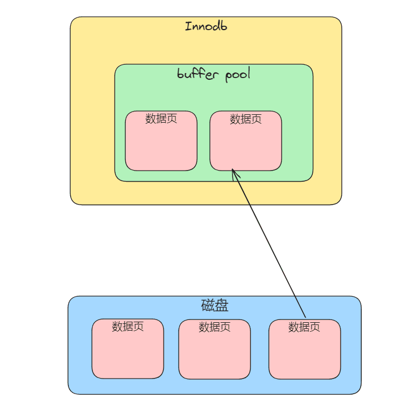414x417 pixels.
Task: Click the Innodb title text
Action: point(206,26)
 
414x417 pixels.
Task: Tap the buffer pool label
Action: point(214,74)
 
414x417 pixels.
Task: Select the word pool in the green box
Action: point(238,75)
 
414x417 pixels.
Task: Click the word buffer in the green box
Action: point(198,74)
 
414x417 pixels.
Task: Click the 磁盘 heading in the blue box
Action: point(215,306)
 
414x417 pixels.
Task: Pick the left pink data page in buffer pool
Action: point(161,141)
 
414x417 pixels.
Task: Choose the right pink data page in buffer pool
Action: point(246,141)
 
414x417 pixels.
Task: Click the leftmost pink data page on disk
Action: point(128,348)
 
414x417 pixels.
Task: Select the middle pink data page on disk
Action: point(215,349)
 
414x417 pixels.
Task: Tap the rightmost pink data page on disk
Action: point(305,349)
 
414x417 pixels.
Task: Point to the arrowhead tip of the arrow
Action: point(232,169)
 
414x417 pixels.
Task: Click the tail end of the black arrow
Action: point(305,317)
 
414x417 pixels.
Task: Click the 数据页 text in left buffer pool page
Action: point(161,118)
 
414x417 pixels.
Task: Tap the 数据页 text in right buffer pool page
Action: point(246,119)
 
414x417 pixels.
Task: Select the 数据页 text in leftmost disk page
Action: point(127,326)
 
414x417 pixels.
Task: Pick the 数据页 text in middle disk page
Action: point(215,327)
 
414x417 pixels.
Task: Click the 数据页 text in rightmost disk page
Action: point(304,327)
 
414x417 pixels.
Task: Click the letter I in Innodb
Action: point(188,26)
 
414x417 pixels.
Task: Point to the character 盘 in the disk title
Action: point(222,306)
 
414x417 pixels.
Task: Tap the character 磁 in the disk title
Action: point(208,306)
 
